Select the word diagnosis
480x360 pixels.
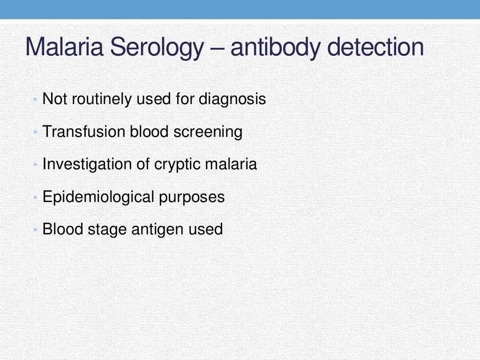tap(232, 100)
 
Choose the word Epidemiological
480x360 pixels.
tap(98, 197)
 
